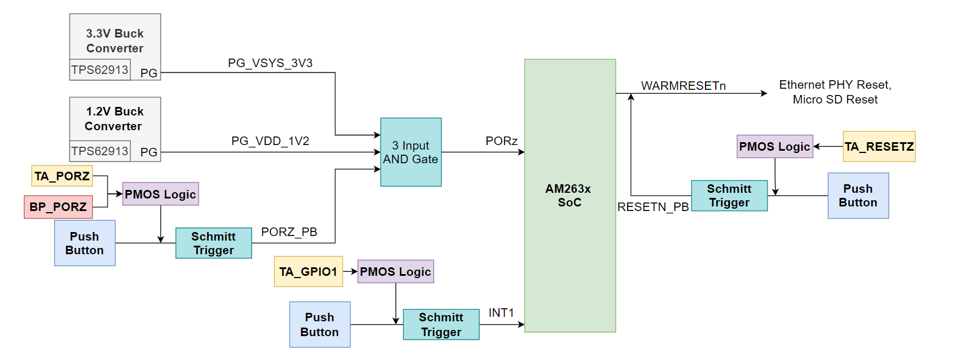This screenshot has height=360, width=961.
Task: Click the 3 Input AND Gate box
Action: pos(410,152)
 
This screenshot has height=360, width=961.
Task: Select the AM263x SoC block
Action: pos(570,195)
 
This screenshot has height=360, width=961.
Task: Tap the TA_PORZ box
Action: pos(62,176)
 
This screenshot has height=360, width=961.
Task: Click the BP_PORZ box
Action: pos(58,207)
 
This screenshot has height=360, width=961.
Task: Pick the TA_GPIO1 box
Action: pos(308,271)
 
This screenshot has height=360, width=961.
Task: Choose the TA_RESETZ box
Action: pos(878,147)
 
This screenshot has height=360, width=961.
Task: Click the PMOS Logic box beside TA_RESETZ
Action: pos(774,146)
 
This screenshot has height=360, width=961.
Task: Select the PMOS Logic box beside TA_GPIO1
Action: pos(395,271)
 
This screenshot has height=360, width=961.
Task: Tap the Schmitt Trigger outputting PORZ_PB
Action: pos(213,243)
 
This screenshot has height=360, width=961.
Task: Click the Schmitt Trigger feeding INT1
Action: pos(441,325)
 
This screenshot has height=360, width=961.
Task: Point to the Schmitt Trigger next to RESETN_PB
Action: pos(729,196)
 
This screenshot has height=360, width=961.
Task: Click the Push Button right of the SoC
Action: pos(858,196)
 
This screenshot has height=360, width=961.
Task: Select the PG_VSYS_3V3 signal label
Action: pos(270,63)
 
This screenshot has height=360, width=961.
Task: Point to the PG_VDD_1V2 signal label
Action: pos(270,141)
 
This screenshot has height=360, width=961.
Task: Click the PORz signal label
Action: pos(501,141)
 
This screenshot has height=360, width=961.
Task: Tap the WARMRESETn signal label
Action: pos(683,86)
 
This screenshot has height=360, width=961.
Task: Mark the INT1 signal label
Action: pos(501,313)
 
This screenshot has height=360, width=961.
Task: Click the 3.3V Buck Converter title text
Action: pos(115,41)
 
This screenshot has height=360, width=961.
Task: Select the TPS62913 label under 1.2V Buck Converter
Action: pos(100,151)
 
